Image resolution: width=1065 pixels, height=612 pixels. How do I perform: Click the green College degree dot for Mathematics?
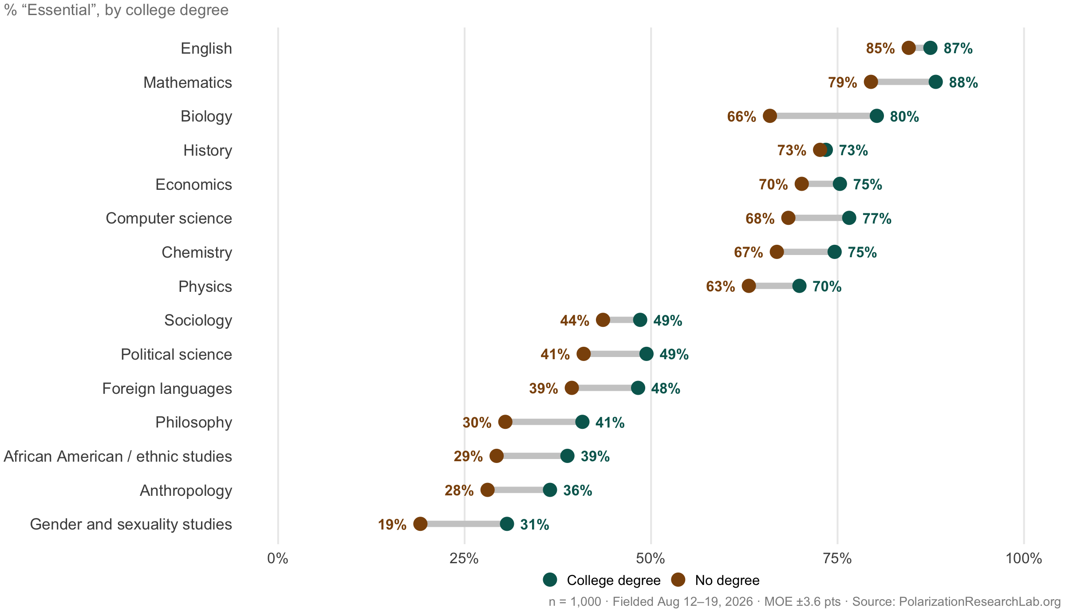[935, 82]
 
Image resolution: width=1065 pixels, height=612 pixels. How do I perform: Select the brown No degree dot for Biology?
[770, 116]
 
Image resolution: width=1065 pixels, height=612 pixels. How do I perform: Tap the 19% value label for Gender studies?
[392, 525]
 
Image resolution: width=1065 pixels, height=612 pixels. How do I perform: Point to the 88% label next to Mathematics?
[963, 82]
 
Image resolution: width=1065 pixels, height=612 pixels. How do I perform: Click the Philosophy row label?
[193, 422]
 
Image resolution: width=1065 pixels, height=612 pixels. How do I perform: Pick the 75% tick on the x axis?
[837, 558]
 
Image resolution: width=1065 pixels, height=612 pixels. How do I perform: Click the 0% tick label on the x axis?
[278, 558]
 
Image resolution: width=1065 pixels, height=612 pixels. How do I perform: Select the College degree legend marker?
[550, 580]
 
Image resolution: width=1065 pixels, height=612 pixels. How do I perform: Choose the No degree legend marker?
[678, 580]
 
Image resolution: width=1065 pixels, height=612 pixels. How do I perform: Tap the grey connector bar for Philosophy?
[544, 422]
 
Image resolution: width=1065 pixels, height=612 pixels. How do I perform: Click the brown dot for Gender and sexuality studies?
[420, 524]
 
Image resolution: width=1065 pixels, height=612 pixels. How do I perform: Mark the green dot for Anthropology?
[550, 490]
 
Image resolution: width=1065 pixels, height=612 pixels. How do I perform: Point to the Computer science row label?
[169, 218]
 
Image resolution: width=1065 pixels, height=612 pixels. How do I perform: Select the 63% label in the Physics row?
[720, 286]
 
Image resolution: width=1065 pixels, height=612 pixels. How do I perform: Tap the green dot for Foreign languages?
[638, 388]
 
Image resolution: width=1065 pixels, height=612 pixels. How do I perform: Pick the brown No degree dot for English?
[909, 48]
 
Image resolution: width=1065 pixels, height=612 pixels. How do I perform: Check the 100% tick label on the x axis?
[1024, 558]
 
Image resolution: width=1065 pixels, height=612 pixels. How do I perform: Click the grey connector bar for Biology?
[823, 116]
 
